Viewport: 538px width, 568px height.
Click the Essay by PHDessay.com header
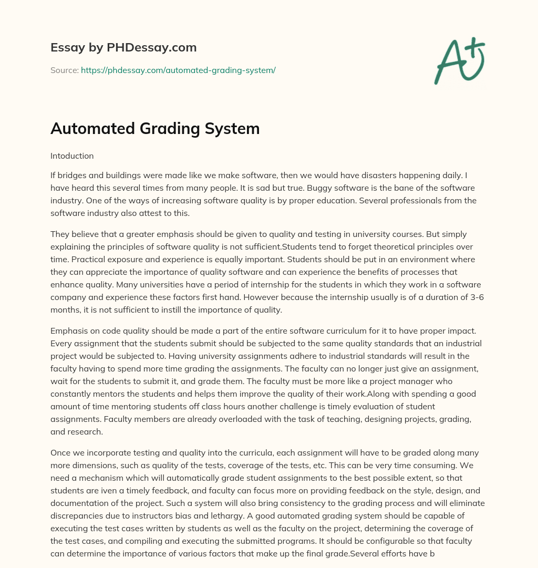point(123,48)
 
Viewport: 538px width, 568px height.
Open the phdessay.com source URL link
point(178,70)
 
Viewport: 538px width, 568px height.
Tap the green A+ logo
point(459,61)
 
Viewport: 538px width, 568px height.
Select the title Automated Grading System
point(155,129)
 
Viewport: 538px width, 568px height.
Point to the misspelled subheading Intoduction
point(72,156)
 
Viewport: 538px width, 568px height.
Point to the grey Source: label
point(64,70)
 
